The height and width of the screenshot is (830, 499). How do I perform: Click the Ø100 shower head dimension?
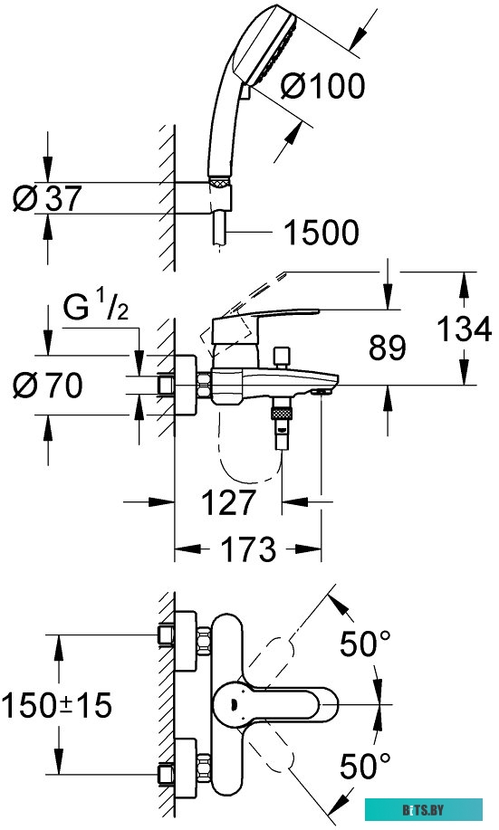[322, 86]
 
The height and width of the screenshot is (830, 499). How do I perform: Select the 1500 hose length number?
[321, 234]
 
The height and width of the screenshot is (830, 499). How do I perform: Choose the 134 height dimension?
[464, 328]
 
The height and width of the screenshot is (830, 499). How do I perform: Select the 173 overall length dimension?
[248, 549]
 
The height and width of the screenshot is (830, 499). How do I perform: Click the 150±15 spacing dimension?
[56, 705]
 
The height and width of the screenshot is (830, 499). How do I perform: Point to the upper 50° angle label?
[366, 644]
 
